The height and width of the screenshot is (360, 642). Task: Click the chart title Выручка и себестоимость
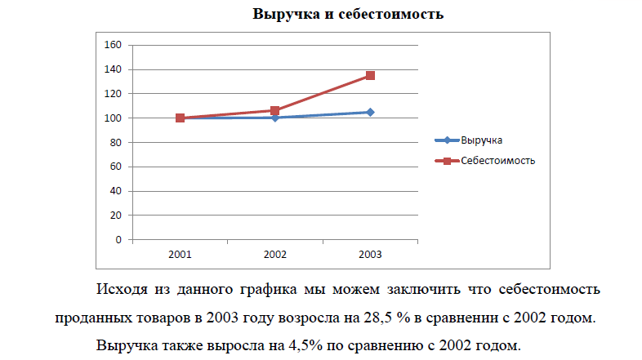(x=348, y=14)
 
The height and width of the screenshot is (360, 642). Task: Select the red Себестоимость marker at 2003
(x=370, y=76)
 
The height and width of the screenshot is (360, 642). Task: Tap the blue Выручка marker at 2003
(x=370, y=112)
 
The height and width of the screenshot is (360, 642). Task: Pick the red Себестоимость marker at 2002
(x=275, y=110)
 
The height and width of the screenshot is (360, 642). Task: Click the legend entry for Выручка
(x=481, y=140)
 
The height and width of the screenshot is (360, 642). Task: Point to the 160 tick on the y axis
(x=114, y=45)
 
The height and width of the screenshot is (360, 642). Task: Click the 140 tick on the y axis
(x=114, y=69)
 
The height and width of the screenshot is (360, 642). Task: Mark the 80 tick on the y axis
(x=116, y=143)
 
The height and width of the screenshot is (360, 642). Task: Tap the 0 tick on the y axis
(x=119, y=241)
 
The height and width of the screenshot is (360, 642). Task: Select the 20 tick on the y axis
(x=116, y=216)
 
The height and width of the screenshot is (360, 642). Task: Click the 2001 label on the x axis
(x=181, y=255)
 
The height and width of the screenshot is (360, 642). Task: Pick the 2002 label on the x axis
(x=275, y=255)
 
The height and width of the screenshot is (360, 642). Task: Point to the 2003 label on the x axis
(x=370, y=255)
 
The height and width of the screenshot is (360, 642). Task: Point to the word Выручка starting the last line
(x=123, y=344)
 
